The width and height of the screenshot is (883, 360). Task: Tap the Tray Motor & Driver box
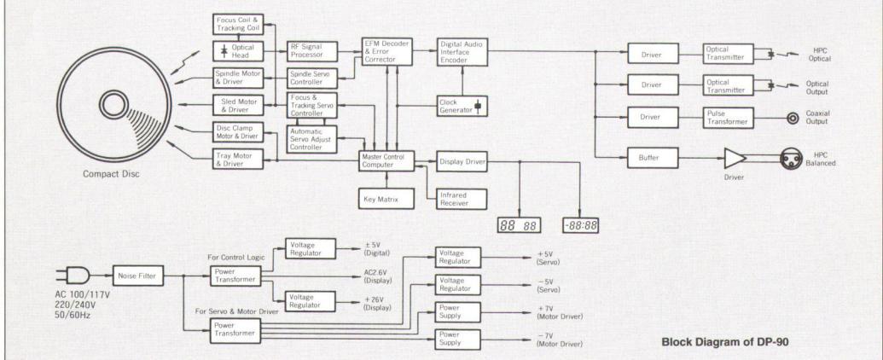click(x=236, y=159)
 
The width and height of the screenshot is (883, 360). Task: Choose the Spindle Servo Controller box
click(x=312, y=79)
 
